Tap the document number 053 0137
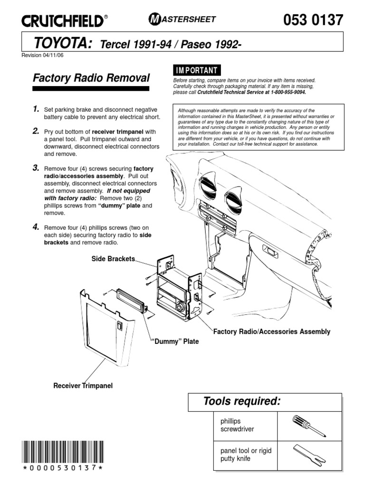pyautogui.click(x=313, y=20)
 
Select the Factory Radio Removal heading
pyautogui.click(x=91, y=78)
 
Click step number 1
pyautogui.click(x=35, y=109)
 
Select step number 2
pyautogui.click(x=35, y=131)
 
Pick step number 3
pyautogui.click(x=35, y=168)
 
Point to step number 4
pyautogui.click(x=35, y=227)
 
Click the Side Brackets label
pyautogui.click(x=113, y=259)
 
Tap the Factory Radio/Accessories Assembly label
pyautogui.click(x=271, y=331)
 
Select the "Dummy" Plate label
pyautogui.click(x=174, y=341)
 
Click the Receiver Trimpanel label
pyautogui.click(x=83, y=385)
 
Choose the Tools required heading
pyautogui.click(x=241, y=401)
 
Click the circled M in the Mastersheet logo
pyautogui.click(x=155, y=19)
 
